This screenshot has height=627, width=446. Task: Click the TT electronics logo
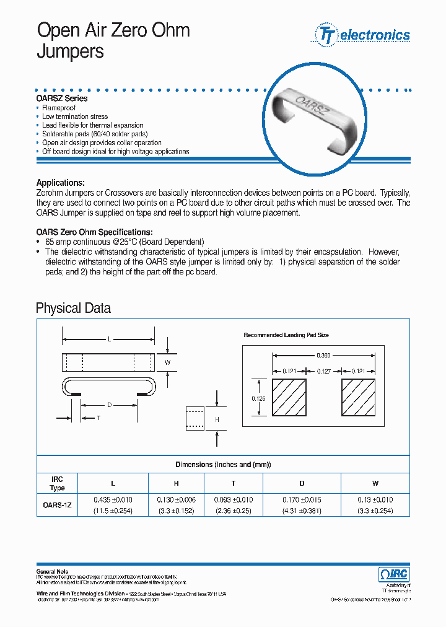pyautogui.click(x=363, y=35)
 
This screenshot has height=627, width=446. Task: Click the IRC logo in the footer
pyautogui.click(x=393, y=574)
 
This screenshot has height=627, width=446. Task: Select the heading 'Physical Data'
pyautogui.click(x=73, y=308)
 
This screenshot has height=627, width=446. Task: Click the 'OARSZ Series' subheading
pyautogui.click(x=62, y=99)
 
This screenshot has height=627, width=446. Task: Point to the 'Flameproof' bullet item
pyautogui.click(x=61, y=108)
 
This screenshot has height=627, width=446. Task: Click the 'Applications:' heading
pyautogui.click(x=61, y=183)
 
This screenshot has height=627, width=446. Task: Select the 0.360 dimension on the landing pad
pyautogui.click(x=323, y=356)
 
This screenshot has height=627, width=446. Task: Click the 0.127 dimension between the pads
pyautogui.click(x=323, y=371)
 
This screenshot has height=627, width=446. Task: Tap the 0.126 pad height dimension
pyautogui.click(x=258, y=399)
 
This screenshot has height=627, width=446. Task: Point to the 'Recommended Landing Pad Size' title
pyautogui.click(x=286, y=335)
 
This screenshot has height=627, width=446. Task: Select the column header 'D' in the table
pyautogui.click(x=302, y=483)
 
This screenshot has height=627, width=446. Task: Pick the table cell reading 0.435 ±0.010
pyautogui.click(x=113, y=499)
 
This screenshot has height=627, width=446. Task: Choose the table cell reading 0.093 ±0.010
pyautogui.click(x=234, y=499)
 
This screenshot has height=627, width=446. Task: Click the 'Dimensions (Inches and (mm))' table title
pyautogui.click(x=223, y=465)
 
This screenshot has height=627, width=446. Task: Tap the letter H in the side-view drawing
pyautogui.click(x=217, y=420)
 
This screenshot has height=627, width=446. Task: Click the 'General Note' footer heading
pyautogui.click(x=53, y=571)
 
